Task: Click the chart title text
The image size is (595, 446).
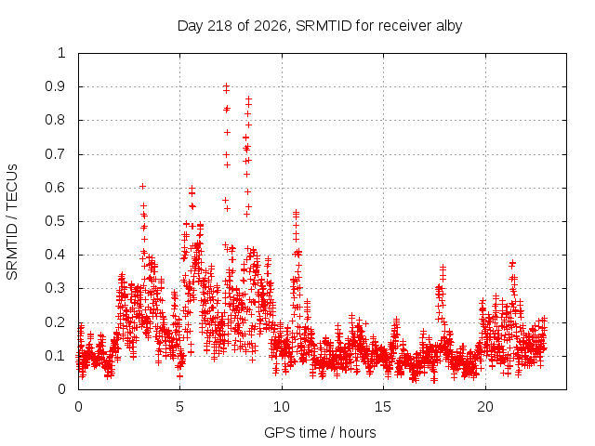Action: pyautogui.click(x=320, y=26)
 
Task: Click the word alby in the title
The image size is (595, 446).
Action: pyautogui.click(x=449, y=26)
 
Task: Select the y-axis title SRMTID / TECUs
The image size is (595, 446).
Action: pyautogui.click(x=12, y=222)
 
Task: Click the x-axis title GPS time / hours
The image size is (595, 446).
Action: pyautogui.click(x=320, y=432)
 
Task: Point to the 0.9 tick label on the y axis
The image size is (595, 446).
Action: pyautogui.click(x=56, y=86)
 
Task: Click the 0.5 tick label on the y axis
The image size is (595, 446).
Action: pyautogui.click(x=56, y=221)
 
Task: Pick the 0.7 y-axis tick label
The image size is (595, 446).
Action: pyautogui.click(x=56, y=154)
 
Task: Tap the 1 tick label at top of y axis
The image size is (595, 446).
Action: pyautogui.click(x=62, y=53)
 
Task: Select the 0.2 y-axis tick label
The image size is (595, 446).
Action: pyautogui.click(x=56, y=322)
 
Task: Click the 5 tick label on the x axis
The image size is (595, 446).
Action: pyautogui.click(x=179, y=407)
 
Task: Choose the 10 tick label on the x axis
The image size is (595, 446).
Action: pyautogui.click(x=282, y=407)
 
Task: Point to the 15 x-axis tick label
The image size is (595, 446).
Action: pyautogui.click(x=383, y=407)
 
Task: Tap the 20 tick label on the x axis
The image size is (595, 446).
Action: pyautogui.click(x=485, y=407)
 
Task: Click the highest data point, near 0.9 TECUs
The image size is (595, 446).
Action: pyautogui.click(x=226, y=85)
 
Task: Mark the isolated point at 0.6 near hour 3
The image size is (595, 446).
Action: pyautogui.click(x=142, y=186)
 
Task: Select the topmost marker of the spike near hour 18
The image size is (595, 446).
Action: pyautogui.click(x=443, y=268)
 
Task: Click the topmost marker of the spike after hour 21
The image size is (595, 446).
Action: pyautogui.click(x=512, y=262)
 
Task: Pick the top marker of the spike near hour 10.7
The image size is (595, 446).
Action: pyautogui.click(x=296, y=213)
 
